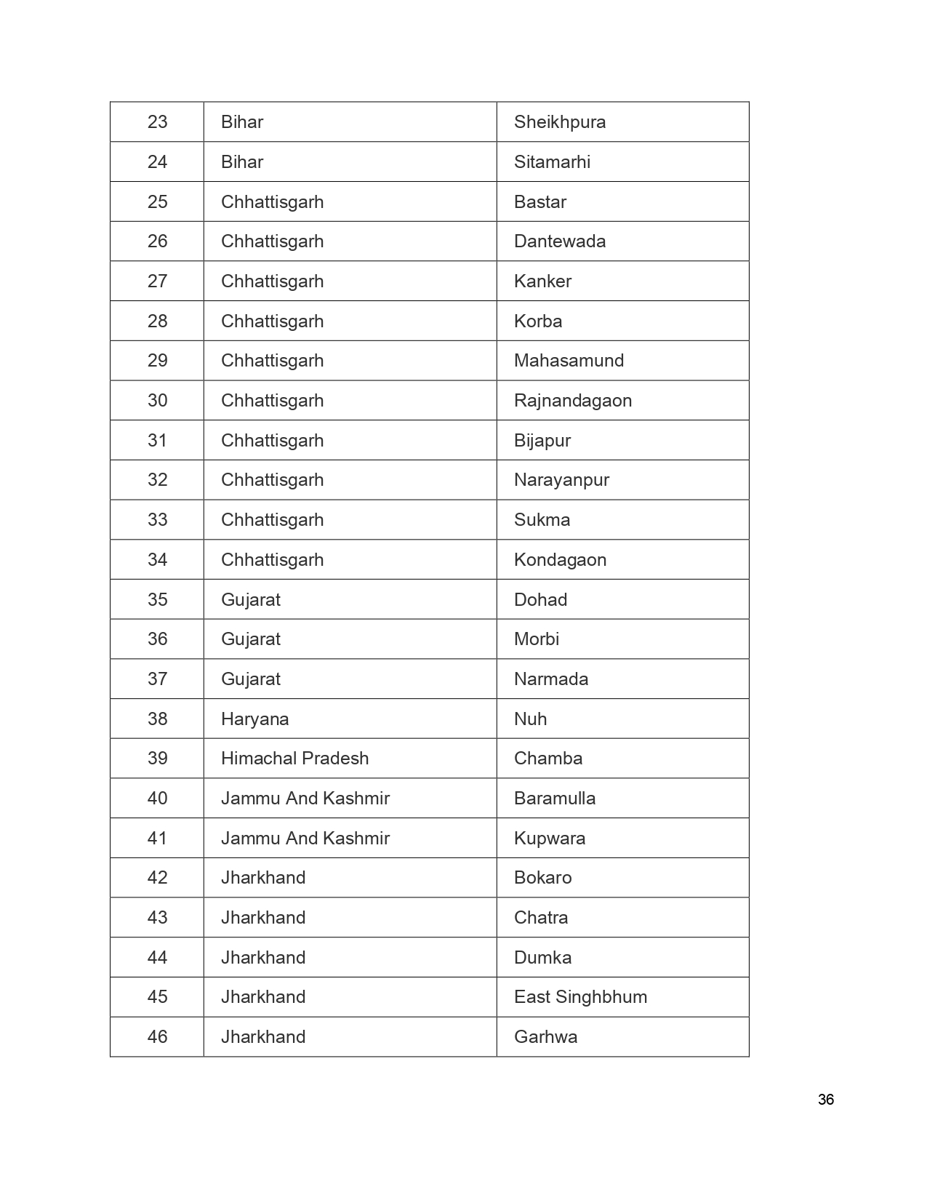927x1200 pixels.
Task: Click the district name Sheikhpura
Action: pyautogui.click(x=559, y=122)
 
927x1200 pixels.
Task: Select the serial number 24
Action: pyautogui.click(x=157, y=162)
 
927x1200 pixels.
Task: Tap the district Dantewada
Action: pyautogui.click(x=559, y=241)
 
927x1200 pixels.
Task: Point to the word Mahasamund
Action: pyautogui.click(x=569, y=361)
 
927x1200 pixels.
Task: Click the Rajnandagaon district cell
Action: pyautogui.click(x=572, y=401)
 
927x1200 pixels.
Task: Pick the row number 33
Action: pyautogui.click(x=157, y=520)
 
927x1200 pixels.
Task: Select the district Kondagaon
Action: pyautogui.click(x=560, y=560)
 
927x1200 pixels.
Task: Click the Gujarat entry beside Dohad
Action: pyautogui.click(x=250, y=600)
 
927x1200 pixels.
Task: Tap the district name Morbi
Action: pyautogui.click(x=536, y=639)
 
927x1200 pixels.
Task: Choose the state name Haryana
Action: pyautogui.click(x=254, y=719)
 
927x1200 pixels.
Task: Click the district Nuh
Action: pyautogui.click(x=530, y=719)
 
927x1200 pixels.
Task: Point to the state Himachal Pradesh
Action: pyautogui.click(x=294, y=759)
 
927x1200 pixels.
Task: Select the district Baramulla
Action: pyautogui.click(x=554, y=799)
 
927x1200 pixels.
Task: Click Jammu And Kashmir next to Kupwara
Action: pyautogui.click(x=305, y=839)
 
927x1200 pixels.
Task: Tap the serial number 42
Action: pyautogui.click(x=157, y=878)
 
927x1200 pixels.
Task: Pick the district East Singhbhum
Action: pyautogui.click(x=580, y=997)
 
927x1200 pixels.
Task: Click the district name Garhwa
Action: pyautogui.click(x=545, y=1037)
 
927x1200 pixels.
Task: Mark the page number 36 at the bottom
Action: pyautogui.click(x=825, y=1100)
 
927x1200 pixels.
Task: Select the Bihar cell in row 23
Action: pyautogui.click(x=241, y=122)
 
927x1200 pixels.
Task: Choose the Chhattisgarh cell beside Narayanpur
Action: pyautogui.click(x=272, y=480)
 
